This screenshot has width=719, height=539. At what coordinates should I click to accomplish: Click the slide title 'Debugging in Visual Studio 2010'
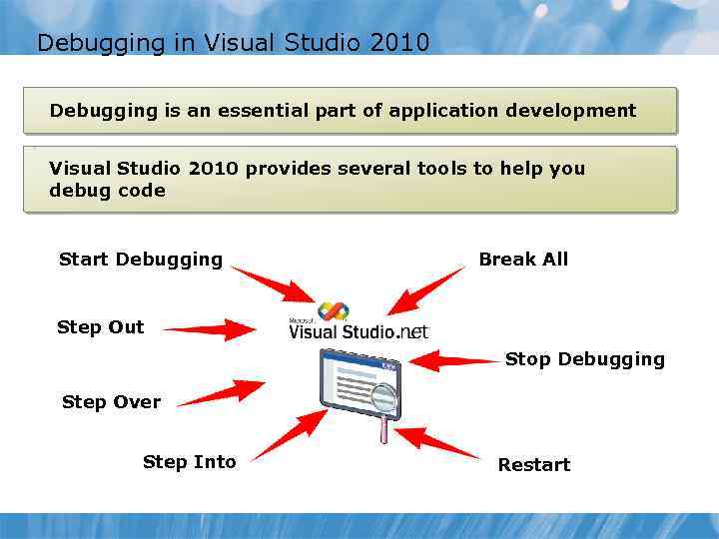233,43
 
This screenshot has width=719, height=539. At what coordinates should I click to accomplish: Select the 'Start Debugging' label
141,260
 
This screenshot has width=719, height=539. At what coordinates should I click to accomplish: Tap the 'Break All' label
523,260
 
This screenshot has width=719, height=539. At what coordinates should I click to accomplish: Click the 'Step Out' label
100,327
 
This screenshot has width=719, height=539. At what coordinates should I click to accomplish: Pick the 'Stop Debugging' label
584,359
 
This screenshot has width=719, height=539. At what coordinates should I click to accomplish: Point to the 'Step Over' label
111,402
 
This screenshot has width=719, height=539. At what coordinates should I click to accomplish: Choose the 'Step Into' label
190,462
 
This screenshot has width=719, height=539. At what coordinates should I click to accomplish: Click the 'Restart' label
534,465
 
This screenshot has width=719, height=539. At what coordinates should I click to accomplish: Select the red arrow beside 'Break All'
424,291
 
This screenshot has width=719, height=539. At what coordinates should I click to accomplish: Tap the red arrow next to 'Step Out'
211,328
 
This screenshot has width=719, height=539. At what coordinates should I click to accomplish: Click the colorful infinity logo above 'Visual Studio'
333,311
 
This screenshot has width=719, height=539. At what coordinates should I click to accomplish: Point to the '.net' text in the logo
412,331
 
